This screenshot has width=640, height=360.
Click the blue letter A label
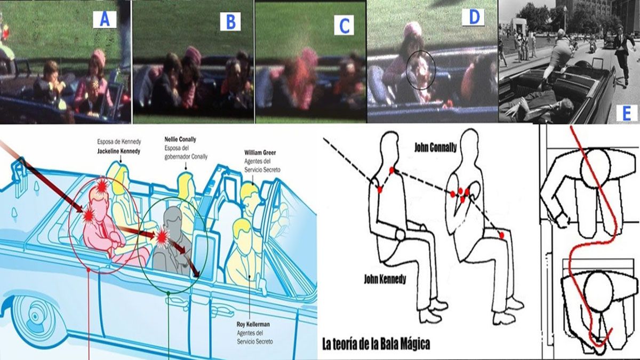pyautogui.click(x=105, y=19)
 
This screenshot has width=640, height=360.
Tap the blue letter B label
pyautogui.click(x=230, y=22)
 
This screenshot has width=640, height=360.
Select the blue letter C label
pyautogui.click(x=344, y=25)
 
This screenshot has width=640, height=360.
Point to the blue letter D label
pyautogui.click(x=473, y=17)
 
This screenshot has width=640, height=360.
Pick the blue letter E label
pyautogui.click(x=627, y=114)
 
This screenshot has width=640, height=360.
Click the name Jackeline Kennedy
pyautogui.click(x=118, y=151)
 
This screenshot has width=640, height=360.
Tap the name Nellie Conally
pyautogui.click(x=180, y=139)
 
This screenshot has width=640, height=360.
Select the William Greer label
pyautogui.click(x=260, y=153)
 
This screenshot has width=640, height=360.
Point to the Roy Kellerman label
pyautogui.click(x=253, y=324)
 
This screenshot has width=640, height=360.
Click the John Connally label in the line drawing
pyautogui.click(x=435, y=148)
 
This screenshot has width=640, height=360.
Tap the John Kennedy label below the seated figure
pyautogui.click(x=385, y=279)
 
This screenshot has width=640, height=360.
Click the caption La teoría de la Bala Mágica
pyautogui.click(x=377, y=344)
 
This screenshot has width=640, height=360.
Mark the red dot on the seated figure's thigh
pyautogui.click(x=502, y=235)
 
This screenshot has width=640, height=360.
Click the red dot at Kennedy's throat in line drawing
pyautogui.click(x=391, y=171)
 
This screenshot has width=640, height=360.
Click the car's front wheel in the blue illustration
pyautogui.click(x=34, y=316)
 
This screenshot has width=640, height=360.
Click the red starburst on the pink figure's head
pyautogui.click(x=102, y=186)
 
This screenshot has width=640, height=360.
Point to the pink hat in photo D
pyautogui.click(x=413, y=30)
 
